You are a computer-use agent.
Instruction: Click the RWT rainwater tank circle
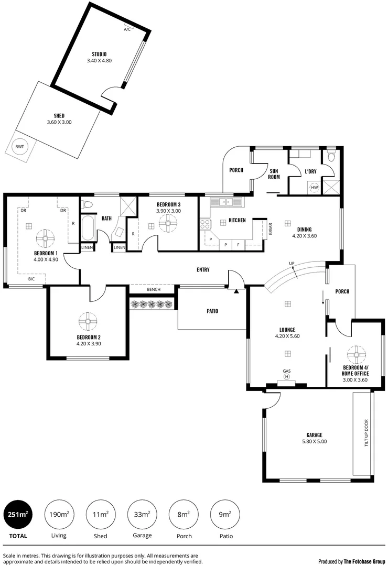19,147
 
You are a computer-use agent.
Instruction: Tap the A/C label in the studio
127,29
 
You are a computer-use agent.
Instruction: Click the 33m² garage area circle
143,515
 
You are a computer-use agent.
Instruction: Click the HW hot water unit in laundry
315,187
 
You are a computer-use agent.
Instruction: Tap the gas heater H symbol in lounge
287,376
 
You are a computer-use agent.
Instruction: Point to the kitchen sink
227,201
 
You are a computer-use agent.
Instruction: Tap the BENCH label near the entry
154,290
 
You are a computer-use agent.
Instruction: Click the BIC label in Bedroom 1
32,279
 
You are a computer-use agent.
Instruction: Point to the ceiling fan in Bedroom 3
169,225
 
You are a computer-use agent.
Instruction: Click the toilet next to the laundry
330,157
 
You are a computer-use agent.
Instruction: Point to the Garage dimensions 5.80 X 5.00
314,441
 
